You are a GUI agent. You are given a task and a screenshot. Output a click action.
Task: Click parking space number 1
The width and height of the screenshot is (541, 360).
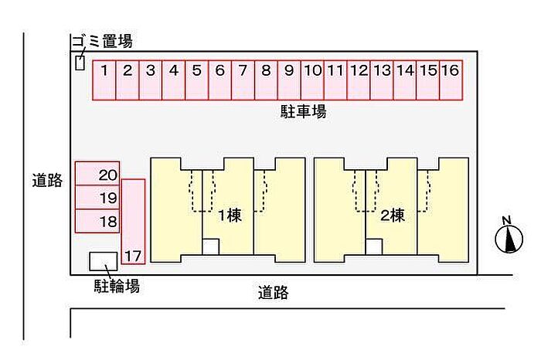104,80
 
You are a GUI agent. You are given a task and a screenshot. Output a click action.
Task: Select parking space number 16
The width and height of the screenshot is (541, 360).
451,80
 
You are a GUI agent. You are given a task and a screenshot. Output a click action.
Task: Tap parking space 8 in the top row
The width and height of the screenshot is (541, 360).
266,80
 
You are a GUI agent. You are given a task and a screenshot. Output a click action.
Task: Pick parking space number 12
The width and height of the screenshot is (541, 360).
359,80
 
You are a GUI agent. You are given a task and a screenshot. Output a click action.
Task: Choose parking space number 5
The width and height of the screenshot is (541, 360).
196,80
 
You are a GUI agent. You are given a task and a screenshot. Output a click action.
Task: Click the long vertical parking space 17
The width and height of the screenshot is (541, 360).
133,222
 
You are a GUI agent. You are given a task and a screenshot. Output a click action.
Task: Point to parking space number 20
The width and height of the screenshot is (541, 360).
97,174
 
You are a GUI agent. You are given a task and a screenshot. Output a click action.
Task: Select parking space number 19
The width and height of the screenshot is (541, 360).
97,197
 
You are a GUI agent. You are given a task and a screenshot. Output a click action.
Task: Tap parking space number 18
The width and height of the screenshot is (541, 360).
97,221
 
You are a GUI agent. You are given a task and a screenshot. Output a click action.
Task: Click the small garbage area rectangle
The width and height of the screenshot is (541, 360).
80,63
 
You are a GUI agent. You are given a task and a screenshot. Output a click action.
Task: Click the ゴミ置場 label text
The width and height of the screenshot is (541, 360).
102,42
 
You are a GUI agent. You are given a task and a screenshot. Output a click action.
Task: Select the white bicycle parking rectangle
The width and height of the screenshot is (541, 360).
103,261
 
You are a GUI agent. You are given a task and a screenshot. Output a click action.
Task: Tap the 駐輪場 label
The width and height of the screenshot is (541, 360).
117,286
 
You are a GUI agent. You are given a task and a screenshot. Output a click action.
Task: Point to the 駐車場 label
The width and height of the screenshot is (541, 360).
303,112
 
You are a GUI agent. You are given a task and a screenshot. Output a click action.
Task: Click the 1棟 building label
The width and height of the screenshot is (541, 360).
230,216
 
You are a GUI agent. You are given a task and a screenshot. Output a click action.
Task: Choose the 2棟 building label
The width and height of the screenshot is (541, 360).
393,216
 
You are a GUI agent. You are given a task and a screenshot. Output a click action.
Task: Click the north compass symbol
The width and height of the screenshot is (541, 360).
509,236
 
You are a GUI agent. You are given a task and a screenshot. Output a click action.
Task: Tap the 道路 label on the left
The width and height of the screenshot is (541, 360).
47,180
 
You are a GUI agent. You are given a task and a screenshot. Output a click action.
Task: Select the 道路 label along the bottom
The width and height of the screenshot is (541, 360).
274,293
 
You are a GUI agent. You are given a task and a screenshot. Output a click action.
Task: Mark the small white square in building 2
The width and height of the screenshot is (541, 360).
373,247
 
